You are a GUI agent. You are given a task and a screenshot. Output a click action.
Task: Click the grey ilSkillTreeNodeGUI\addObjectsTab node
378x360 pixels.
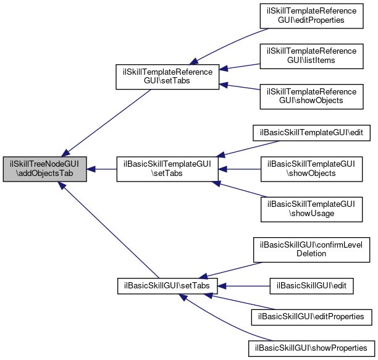pos(44,169)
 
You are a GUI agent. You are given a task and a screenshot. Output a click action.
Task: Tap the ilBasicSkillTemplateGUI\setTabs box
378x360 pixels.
pos(167,169)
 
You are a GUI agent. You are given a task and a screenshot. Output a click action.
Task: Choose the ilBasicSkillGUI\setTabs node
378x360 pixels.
pos(167,286)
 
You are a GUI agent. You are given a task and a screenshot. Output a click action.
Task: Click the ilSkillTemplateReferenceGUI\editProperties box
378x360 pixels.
pos(311,15)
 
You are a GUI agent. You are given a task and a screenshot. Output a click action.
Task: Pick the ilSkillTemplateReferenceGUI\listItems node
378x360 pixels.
pos(311,55)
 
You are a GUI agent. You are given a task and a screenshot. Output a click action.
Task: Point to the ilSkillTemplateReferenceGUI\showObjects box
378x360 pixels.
pos(311,94)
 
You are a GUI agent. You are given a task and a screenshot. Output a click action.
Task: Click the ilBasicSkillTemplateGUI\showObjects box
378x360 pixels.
pos(311,169)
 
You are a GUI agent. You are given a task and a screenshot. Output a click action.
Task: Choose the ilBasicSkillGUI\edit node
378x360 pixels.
pos(311,286)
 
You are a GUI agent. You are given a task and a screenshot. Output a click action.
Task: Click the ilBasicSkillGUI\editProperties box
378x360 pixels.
pos(311,317)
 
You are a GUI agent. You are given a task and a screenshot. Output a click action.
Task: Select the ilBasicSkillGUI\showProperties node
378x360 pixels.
pos(311,348)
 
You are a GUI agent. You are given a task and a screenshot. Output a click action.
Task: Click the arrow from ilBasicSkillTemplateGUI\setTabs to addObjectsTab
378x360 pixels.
pos(102,169)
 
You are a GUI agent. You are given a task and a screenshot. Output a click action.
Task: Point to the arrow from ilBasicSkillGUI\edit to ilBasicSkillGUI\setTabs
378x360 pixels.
pos(245,286)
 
